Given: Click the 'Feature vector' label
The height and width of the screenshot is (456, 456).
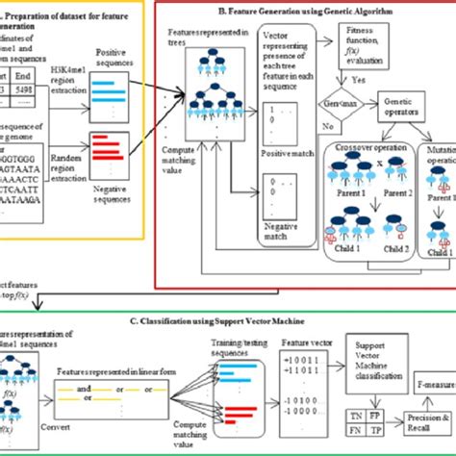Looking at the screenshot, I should tap(303, 342).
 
